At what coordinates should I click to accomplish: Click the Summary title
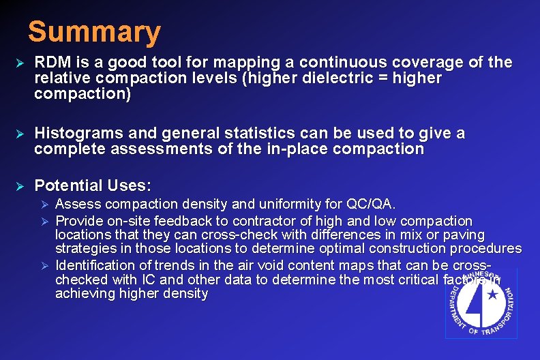click(95, 32)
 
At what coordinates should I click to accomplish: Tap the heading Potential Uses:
click(93, 185)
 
